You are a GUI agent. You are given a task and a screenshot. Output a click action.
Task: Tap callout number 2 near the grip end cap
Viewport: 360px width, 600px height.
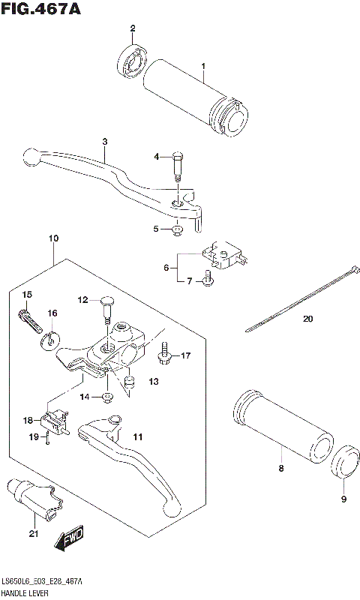(133, 29)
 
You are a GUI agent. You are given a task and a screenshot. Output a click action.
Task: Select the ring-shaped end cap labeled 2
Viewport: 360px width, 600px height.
(133, 61)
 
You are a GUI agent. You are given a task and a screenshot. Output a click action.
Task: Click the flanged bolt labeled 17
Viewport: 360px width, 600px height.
(164, 355)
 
